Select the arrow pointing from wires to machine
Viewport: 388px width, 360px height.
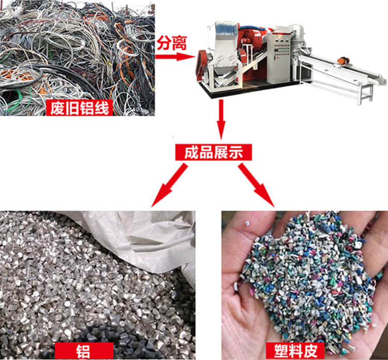coord(174,56)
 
